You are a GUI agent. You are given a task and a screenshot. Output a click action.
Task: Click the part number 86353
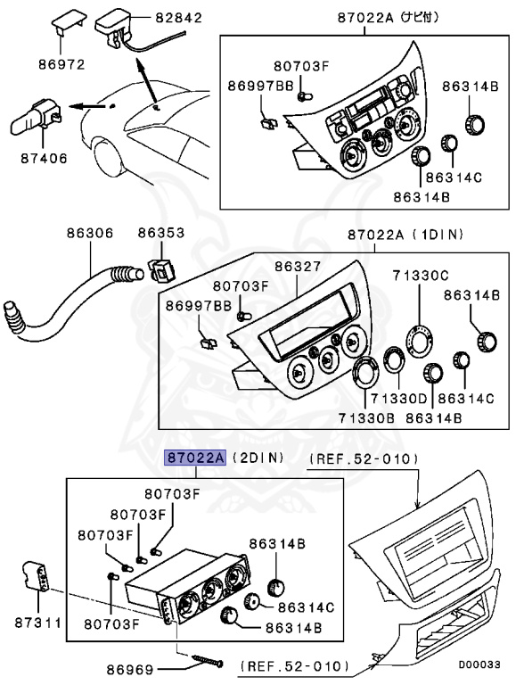[161, 234]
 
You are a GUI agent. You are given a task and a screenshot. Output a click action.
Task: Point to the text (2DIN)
[258, 458]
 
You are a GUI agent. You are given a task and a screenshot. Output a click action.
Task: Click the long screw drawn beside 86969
[202, 660]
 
